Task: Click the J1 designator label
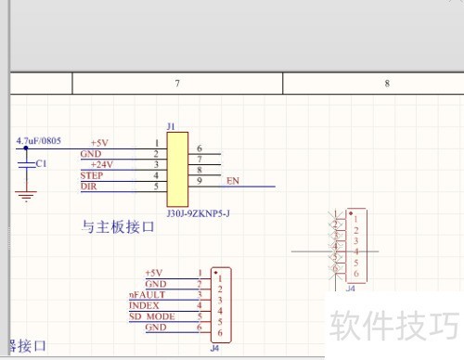click(x=171, y=124)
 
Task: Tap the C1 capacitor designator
click(x=40, y=162)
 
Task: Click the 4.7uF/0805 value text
click(x=39, y=141)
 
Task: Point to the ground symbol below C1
click(x=27, y=196)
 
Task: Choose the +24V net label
click(x=102, y=164)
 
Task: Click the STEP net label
click(x=92, y=175)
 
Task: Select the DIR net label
click(x=88, y=186)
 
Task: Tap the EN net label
click(x=233, y=180)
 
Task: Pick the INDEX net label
click(x=144, y=305)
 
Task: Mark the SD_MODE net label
click(x=152, y=316)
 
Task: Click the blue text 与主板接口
click(x=118, y=225)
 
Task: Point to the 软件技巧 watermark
click(x=393, y=326)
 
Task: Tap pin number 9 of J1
click(x=200, y=180)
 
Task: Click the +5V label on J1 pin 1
click(x=99, y=142)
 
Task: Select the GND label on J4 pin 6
click(x=156, y=328)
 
